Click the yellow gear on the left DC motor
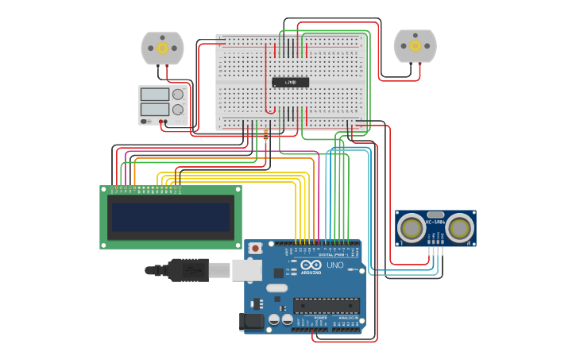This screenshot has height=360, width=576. point(162,48)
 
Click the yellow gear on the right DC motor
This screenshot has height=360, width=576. point(416,47)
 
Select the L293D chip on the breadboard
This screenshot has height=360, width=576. point(290,82)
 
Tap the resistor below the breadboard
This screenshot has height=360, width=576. point(265,136)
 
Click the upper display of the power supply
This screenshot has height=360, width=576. point(154,94)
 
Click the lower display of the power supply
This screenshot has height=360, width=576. point(154,110)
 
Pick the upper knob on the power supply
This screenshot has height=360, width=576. point(178,94)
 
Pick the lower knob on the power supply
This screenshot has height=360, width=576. point(178,110)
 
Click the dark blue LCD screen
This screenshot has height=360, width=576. point(170,217)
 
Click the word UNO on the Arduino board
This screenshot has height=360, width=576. point(334,265)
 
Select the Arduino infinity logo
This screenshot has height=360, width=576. point(311,265)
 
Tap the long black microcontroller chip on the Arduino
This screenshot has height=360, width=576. point(326,306)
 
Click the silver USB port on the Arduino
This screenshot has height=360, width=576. point(246,270)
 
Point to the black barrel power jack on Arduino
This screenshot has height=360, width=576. point(252,321)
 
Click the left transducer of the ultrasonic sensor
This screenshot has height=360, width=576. point(412,228)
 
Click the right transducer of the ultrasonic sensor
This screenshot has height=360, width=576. point(459,228)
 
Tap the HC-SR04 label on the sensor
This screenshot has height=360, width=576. point(435,223)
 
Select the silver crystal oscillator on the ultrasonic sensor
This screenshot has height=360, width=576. point(435,215)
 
